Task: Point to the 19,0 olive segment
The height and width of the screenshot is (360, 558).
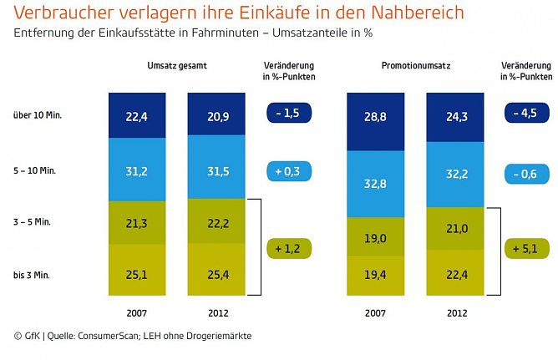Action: (x=375, y=238)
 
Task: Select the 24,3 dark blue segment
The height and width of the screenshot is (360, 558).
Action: (x=454, y=117)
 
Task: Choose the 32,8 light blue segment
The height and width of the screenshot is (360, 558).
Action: (x=375, y=184)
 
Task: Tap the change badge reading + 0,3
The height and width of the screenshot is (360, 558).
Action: (x=288, y=171)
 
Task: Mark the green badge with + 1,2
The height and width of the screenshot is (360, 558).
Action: (x=288, y=248)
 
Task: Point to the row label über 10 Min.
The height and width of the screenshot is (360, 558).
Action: (x=38, y=114)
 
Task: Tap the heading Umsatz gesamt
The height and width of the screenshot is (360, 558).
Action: (x=176, y=66)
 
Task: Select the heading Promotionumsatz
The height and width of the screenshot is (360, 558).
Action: (x=414, y=66)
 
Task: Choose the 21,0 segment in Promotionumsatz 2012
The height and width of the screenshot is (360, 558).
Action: (x=454, y=228)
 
